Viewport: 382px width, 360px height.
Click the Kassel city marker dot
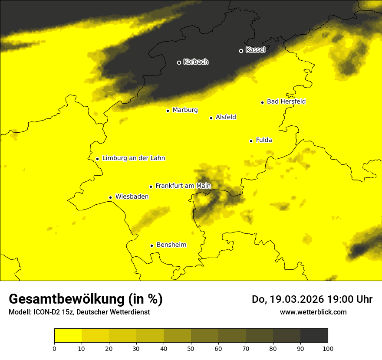pos(241,51)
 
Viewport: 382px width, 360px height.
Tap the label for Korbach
pos(196,62)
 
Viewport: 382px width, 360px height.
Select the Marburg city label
pos(185,110)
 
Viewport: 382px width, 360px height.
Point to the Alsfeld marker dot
pos(211,118)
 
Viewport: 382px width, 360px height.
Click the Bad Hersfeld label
pos(286,101)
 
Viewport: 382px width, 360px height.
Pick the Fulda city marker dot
pos(251,141)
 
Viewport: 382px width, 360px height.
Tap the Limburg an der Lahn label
pos(134,158)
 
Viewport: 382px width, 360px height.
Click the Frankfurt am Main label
pos(183,186)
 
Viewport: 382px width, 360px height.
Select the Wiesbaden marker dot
pos(110,197)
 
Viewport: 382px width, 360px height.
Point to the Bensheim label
pos(171,245)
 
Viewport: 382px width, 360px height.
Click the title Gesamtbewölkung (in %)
pos(86,299)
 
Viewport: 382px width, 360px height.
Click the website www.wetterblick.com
pos(313,312)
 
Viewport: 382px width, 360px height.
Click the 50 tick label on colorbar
pos(191,348)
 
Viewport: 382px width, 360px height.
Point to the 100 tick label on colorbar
pos(328,348)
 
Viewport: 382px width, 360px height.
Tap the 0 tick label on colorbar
pos(54,348)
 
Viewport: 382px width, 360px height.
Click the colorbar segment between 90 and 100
pos(314,336)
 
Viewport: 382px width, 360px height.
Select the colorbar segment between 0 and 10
pos(68,336)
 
